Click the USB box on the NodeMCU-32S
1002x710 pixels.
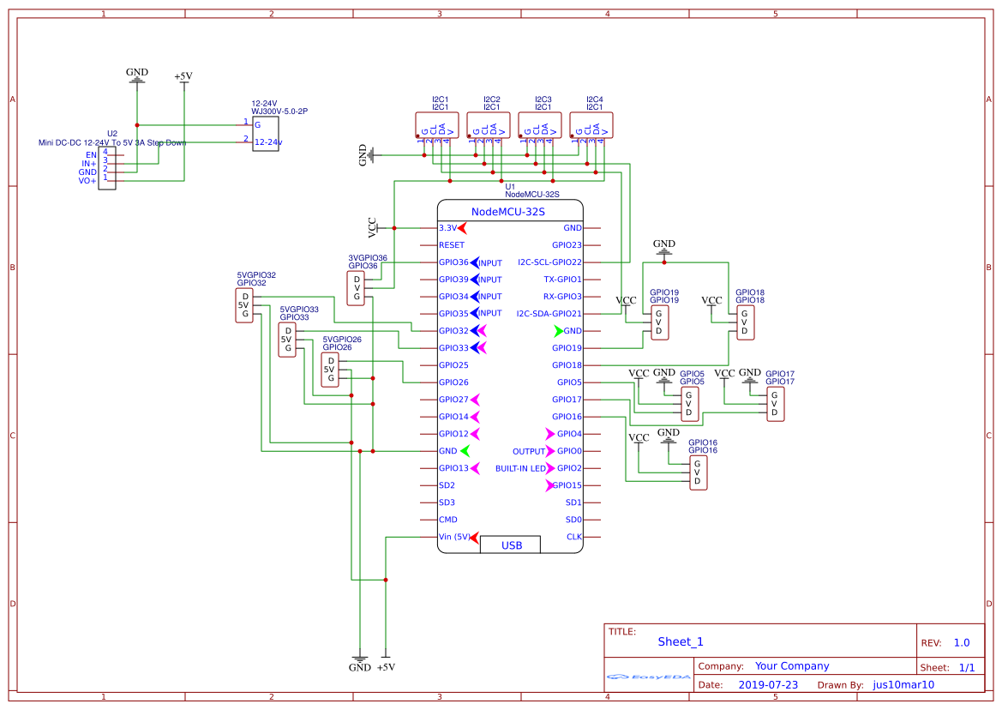click(x=511, y=545)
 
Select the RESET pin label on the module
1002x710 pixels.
click(x=451, y=245)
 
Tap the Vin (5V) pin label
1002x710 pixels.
click(x=454, y=537)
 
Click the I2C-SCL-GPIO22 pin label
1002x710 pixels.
click(x=549, y=262)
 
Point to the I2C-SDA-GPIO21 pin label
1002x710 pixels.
click(x=549, y=314)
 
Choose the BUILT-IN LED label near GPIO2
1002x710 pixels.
click(x=520, y=468)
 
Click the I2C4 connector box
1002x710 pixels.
click(x=591, y=125)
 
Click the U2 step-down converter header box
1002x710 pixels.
click(x=107, y=166)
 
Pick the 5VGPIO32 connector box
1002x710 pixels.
click(x=244, y=305)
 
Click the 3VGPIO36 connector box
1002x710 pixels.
click(x=356, y=288)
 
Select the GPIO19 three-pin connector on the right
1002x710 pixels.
click(x=659, y=322)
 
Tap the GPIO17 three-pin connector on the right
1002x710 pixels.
click(x=775, y=403)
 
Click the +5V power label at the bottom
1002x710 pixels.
click(x=386, y=667)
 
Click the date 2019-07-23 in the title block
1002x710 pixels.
click(x=768, y=685)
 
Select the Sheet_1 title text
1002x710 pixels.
click(x=681, y=641)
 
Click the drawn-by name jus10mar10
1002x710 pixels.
click(x=903, y=685)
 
